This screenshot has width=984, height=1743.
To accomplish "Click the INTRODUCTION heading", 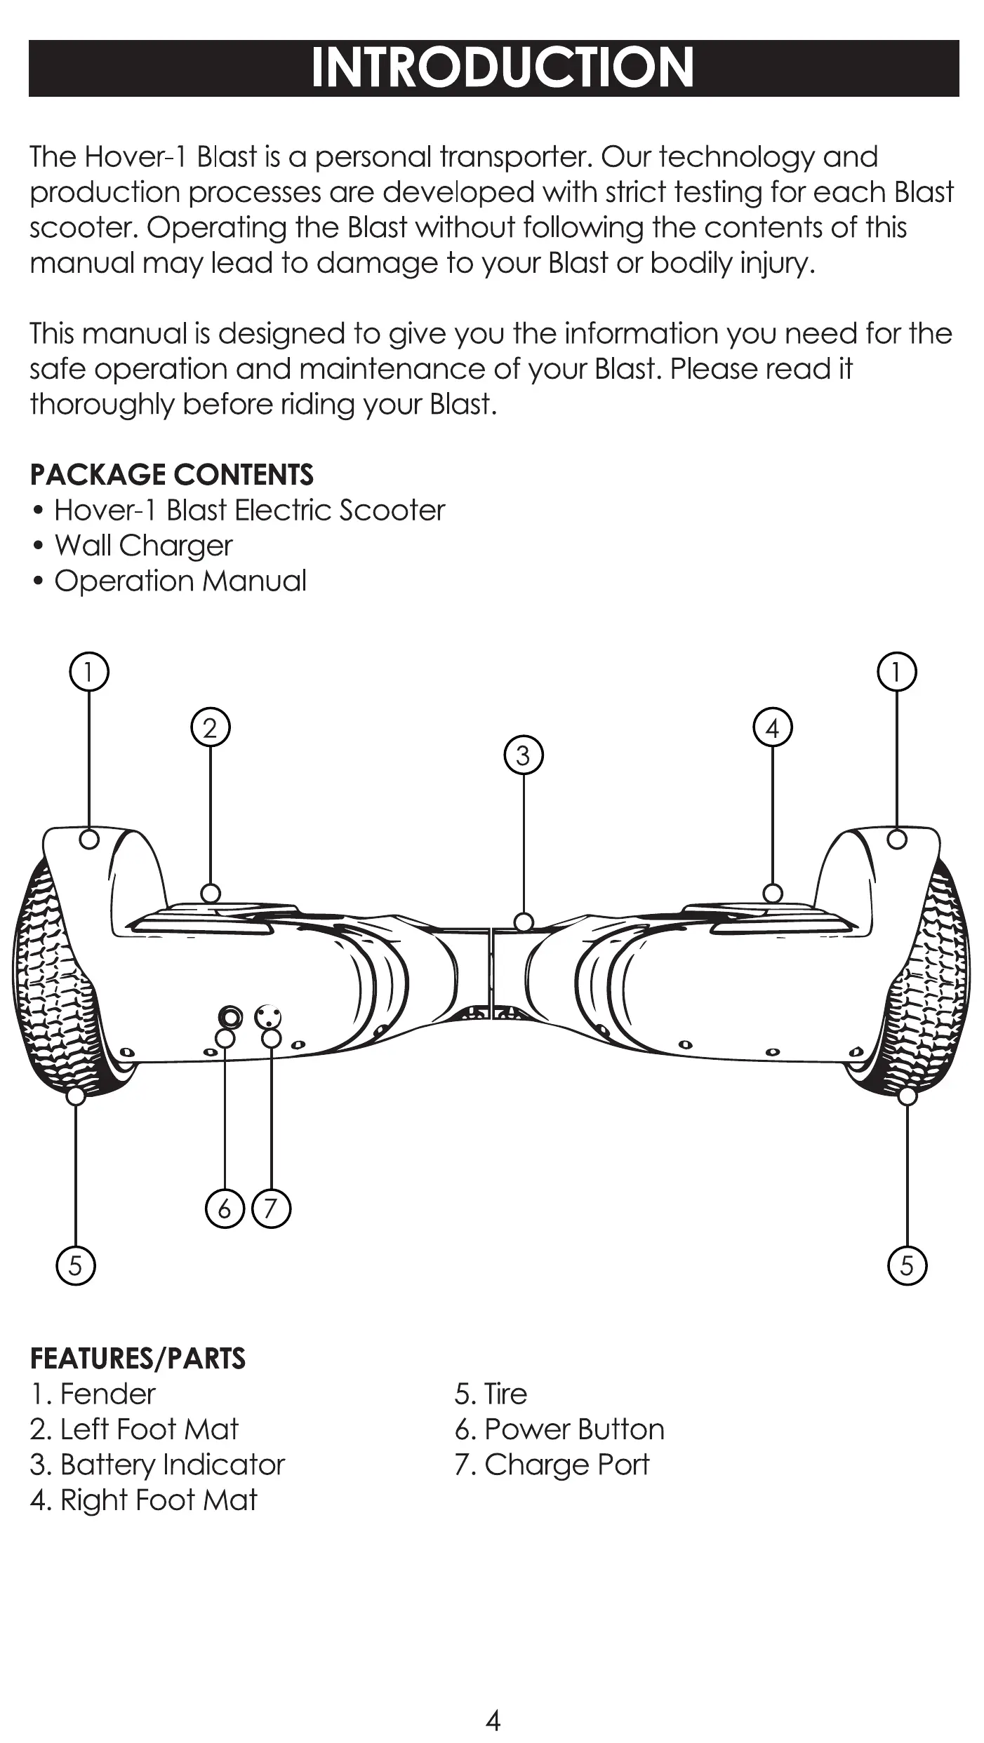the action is (502, 68).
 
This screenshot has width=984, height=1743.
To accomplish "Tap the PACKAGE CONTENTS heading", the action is (172, 475).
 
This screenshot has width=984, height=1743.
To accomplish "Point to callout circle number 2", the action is (211, 727).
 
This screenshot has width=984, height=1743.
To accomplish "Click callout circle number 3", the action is (524, 755).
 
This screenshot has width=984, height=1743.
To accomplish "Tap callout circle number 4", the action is (772, 727).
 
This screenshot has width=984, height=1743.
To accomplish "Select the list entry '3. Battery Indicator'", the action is (157, 1464).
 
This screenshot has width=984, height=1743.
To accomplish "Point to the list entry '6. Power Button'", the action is (559, 1429).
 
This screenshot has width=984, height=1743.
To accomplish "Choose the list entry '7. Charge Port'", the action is (552, 1464).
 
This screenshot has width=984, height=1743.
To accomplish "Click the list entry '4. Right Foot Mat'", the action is (143, 1500).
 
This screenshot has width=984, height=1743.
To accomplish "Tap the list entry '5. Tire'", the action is (490, 1394).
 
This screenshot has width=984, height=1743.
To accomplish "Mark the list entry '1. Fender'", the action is (93, 1394).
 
